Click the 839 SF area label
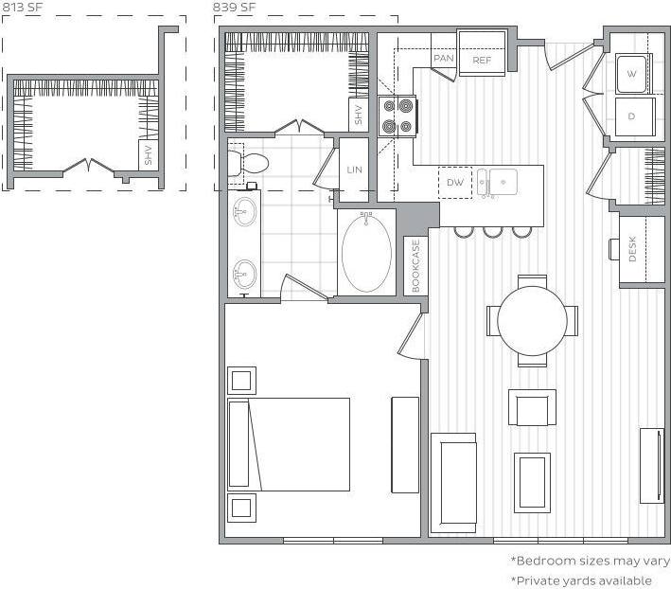click(234, 8)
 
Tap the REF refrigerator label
click(482, 60)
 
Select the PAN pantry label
click(443, 58)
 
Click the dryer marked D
click(631, 116)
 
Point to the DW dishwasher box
click(455, 182)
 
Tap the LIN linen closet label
click(355, 170)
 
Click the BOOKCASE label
click(415, 264)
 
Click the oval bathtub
click(366, 252)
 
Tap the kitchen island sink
click(496, 180)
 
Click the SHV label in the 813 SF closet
click(149, 155)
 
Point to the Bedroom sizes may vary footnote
click(590, 561)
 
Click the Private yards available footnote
click(581, 580)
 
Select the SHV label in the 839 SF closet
click(358, 116)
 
